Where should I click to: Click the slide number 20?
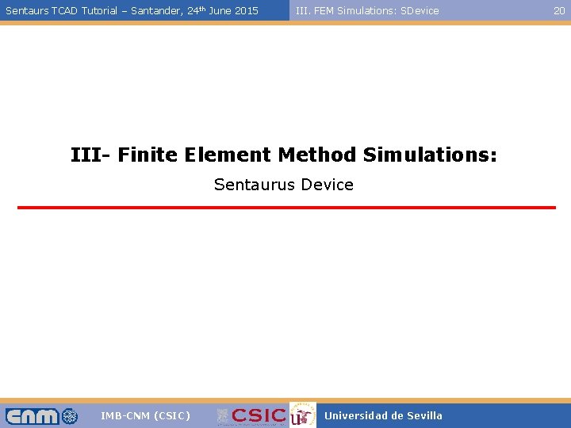click(x=559, y=10)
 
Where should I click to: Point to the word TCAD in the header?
click(x=64, y=11)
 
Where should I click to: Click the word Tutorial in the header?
click(x=99, y=11)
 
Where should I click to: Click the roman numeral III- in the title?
click(x=91, y=154)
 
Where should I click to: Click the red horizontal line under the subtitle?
click(x=286, y=208)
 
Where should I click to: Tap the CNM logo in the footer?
click(x=41, y=415)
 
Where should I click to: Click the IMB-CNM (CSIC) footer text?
click(x=145, y=415)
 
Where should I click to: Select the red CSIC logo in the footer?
click(x=258, y=415)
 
